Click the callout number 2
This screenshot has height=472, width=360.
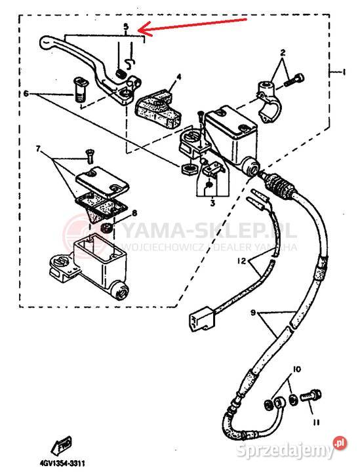(x=283, y=52)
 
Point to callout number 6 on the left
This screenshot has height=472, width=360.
(x=26, y=94)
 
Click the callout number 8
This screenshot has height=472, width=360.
(x=134, y=213)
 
